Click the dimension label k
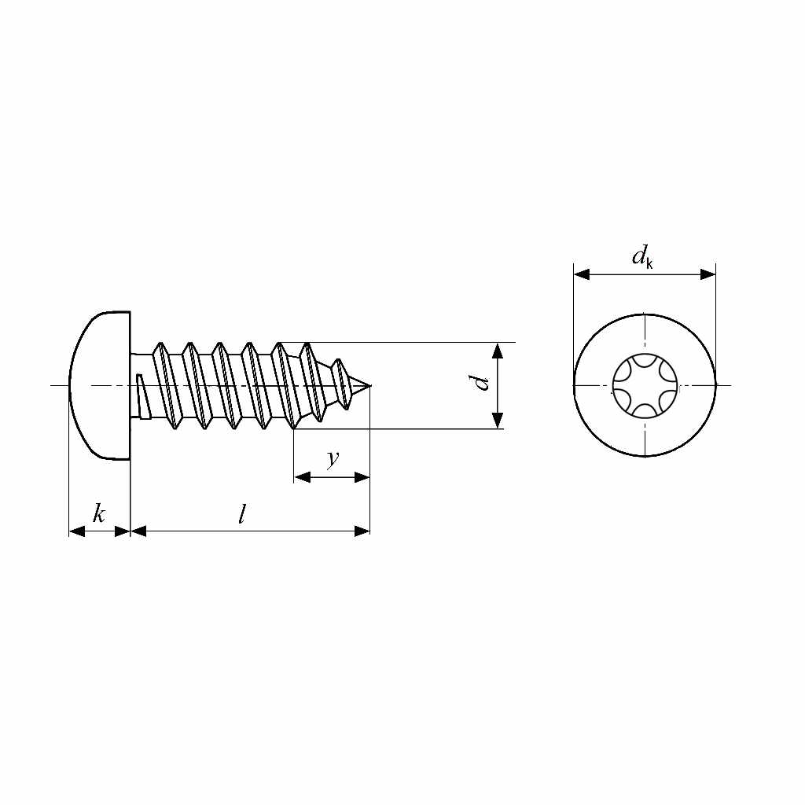click(99, 515)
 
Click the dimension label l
click(242, 515)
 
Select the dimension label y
click(333, 459)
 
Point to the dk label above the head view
click(641, 257)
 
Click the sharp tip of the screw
click(368, 385)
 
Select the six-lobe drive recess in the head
click(644, 385)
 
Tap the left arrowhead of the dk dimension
click(582, 274)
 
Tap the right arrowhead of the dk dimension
click(708, 274)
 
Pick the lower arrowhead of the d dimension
click(498, 421)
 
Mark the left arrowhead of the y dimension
click(302, 477)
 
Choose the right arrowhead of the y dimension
click(362, 477)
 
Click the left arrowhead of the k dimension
click(77, 531)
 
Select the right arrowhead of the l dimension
click(362, 531)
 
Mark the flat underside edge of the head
click(130, 385)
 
